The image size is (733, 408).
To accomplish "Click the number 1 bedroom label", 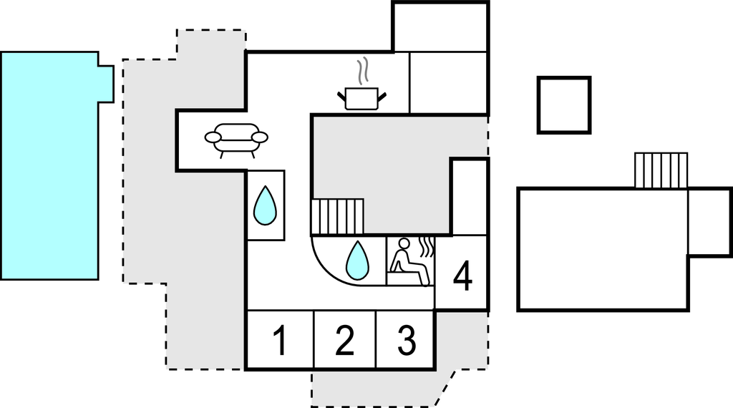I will [x=280, y=341].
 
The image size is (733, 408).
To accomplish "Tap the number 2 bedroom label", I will [x=344, y=341].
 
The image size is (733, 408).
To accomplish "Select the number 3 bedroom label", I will [x=406, y=341].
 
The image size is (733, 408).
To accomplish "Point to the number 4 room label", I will [x=463, y=277].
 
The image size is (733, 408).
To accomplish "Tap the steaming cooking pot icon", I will [x=362, y=97].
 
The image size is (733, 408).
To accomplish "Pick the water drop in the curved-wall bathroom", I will [x=357, y=260].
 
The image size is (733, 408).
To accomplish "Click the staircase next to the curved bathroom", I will [x=337, y=217].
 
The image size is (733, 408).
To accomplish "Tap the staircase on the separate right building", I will [x=661, y=170].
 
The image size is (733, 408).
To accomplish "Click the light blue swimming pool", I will [x=49, y=165].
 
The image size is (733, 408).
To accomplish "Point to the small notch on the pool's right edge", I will [x=105, y=83].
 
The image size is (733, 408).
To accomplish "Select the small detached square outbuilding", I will [x=564, y=105].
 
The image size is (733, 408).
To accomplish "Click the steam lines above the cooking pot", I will [x=364, y=72].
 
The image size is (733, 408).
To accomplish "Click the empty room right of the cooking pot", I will [x=448, y=82].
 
